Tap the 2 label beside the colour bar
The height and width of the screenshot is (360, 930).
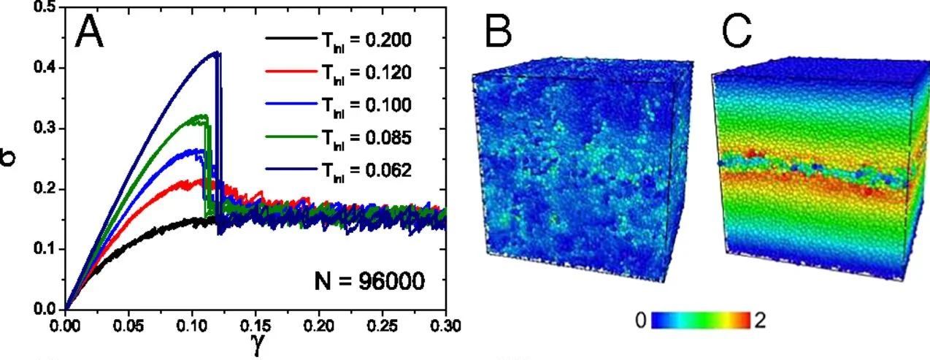[x=759, y=320]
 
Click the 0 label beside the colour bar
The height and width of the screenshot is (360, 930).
[x=641, y=320]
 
